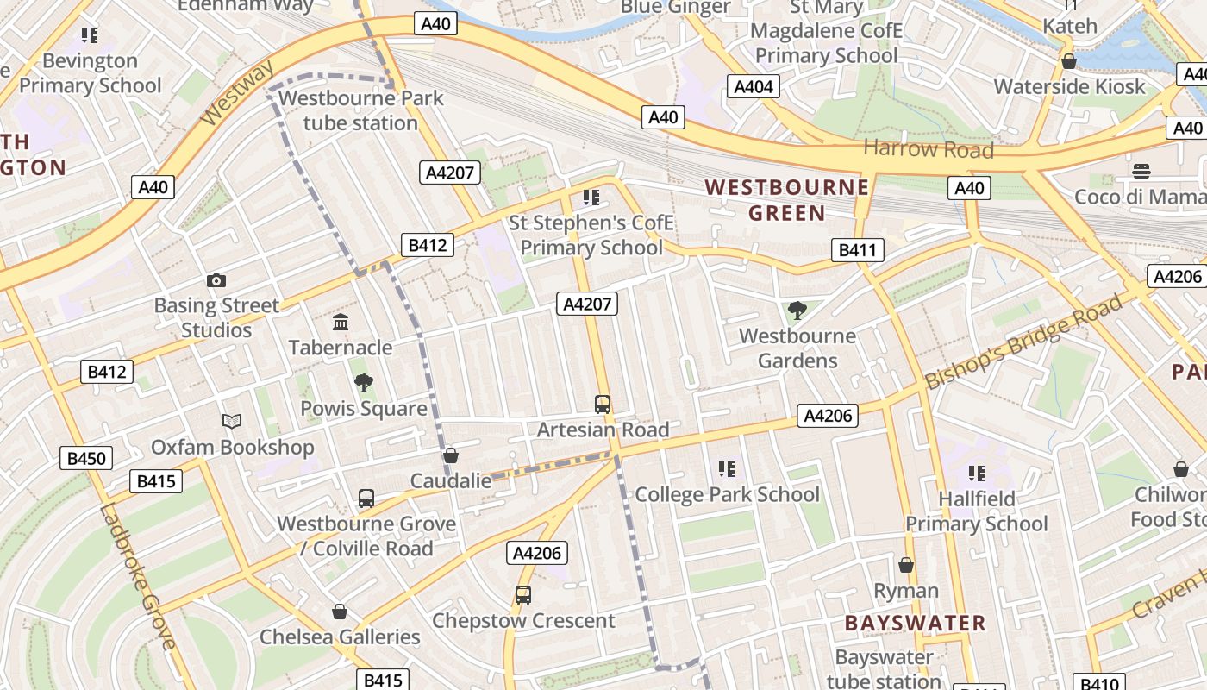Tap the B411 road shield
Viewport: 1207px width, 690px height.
858,251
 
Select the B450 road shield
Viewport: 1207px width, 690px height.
86,458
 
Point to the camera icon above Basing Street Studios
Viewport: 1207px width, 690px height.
216,280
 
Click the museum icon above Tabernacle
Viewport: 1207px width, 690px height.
341,323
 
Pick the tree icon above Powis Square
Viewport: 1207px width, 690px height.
364,383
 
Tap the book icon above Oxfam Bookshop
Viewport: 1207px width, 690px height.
232,421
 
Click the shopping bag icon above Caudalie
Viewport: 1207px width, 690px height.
450,455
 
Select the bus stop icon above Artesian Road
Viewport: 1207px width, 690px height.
603,404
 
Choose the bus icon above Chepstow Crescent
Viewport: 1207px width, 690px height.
523,594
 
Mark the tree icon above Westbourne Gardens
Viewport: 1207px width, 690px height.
797,310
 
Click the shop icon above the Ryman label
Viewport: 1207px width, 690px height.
906,565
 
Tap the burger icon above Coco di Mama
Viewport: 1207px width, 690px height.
1141,171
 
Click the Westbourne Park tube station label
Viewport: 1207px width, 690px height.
360,110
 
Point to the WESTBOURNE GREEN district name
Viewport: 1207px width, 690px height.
786,199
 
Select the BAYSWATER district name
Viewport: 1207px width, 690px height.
915,623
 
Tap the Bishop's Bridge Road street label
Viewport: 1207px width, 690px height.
1024,341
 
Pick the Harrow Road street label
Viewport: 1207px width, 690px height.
928,148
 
